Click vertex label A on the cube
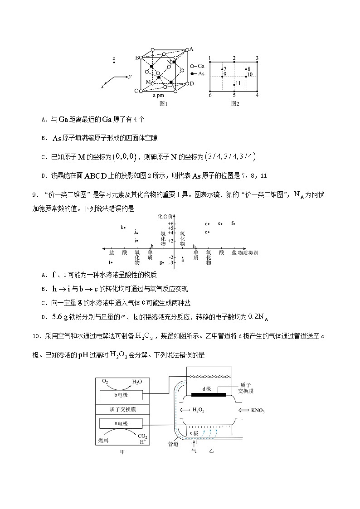coord(191,49)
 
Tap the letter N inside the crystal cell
coord(169,62)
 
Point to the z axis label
coord(114,59)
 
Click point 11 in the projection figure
coord(237,84)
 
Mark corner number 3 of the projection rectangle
coord(257,58)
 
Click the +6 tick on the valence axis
coord(171,224)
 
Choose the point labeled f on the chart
coord(233,223)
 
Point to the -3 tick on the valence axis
coord(171,262)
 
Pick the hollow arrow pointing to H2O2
coord(186,410)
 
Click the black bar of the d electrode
coord(209,395)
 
